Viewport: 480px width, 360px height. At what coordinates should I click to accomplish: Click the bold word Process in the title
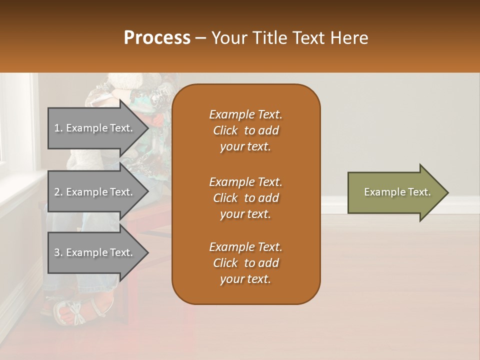pyautogui.click(x=157, y=38)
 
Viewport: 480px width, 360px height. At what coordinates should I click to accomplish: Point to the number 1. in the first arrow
pyautogui.click(x=58, y=128)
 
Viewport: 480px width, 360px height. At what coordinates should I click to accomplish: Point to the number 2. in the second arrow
pyautogui.click(x=58, y=192)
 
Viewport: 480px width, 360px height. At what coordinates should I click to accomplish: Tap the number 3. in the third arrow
pyautogui.click(x=58, y=252)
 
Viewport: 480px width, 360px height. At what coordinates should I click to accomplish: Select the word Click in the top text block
pyautogui.click(x=225, y=131)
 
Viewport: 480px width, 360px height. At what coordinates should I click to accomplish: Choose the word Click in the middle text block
pyautogui.click(x=225, y=198)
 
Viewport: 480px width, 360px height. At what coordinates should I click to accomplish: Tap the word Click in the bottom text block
pyautogui.click(x=225, y=263)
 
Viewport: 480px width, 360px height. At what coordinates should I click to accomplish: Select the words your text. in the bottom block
pyautogui.click(x=245, y=279)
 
